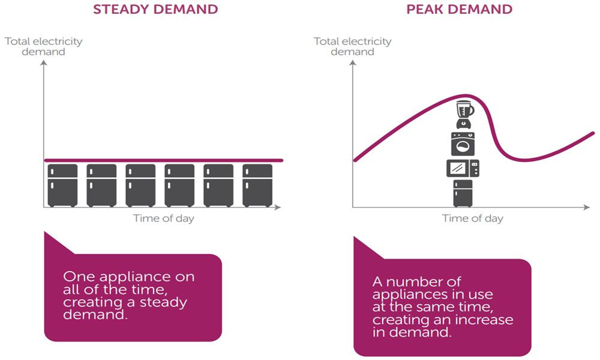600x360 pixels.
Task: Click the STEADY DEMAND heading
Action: pyautogui.click(x=155, y=9)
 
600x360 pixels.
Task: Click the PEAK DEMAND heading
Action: pyautogui.click(x=459, y=9)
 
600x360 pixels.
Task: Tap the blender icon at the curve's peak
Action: pyautogui.click(x=464, y=115)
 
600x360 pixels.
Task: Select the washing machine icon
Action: pyautogui.click(x=463, y=144)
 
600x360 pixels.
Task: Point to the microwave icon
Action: pyautogui.click(x=463, y=168)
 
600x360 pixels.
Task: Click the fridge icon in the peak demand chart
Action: pyautogui.click(x=463, y=194)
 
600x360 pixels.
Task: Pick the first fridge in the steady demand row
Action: pyautogui.click(x=62, y=185)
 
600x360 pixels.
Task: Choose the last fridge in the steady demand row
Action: pyautogui.click(x=257, y=185)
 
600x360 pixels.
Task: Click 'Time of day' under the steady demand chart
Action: pyautogui.click(x=163, y=218)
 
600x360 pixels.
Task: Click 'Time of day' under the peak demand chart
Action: pyautogui.click(x=473, y=218)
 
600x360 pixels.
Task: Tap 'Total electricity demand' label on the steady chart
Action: pyautogui.click(x=44, y=46)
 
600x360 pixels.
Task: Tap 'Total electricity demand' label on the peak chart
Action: pyautogui.click(x=353, y=46)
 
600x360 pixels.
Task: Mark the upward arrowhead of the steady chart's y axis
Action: pyautogui.click(x=44, y=63)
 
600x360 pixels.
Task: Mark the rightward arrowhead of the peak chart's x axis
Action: pyautogui.click(x=587, y=208)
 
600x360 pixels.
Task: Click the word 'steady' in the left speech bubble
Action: pyautogui.click(x=163, y=302)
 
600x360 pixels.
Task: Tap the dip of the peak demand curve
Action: pyautogui.click(x=524, y=160)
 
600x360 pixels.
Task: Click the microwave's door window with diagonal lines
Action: pyautogui.click(x=458, y=168)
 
